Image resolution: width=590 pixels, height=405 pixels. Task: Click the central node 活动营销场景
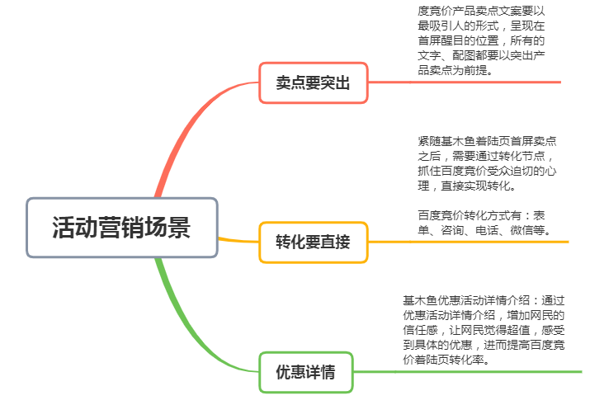coord(122,228)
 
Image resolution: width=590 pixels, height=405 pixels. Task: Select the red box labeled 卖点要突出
coord(314,82)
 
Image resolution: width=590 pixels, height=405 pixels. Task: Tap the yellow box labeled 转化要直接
coord(314,242)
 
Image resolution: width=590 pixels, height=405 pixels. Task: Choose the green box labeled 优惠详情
coord(305,372)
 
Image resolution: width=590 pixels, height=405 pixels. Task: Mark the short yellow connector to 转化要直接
coord(238,240)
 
